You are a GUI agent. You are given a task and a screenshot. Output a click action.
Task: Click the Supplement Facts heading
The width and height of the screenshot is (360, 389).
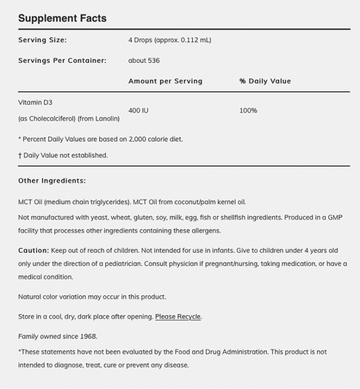[x=62, y=18]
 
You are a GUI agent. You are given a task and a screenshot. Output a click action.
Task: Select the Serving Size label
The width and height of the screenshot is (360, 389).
[x=42, y=40]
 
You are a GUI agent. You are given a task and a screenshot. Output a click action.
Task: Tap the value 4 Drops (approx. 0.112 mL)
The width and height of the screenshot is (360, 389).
[x=170, y=40]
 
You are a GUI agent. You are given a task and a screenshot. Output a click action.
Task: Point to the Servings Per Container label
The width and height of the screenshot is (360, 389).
[x=62, y=61]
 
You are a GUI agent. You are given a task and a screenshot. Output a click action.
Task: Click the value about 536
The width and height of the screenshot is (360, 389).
[x=144, y=61]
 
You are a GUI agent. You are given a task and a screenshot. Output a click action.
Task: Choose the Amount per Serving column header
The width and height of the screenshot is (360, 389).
[x=165, y=81]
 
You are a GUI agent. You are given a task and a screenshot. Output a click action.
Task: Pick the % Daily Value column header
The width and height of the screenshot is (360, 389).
[x=265, y=81]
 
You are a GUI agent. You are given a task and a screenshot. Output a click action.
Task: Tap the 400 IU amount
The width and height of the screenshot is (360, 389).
[x=139, y=110]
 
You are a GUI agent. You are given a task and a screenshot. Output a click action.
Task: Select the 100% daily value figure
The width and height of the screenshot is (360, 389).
[x=248, y=110]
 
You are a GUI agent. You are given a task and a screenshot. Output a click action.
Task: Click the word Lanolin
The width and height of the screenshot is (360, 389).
[x=106, y=119]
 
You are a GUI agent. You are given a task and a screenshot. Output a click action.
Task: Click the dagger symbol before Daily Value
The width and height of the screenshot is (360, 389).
[x=20, y=155]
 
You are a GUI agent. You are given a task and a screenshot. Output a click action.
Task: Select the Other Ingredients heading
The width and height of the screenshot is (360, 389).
[x=52, y=180]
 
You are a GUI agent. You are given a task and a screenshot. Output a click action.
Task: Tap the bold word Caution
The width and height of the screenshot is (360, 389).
[x=32, y=250]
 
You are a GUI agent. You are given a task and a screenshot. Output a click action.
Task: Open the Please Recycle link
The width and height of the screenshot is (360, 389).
[x=178, y=316]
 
